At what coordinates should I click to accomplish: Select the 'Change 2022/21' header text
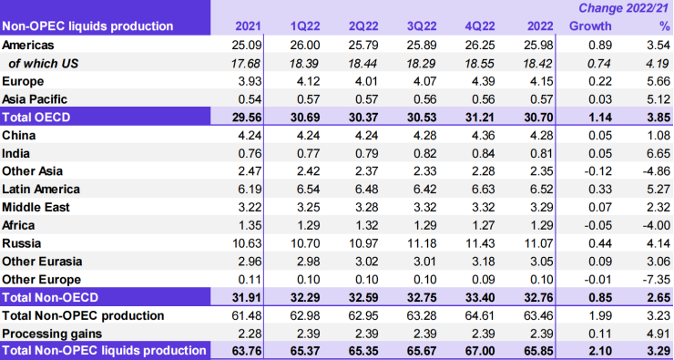(x=622, y=8)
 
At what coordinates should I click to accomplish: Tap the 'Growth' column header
(x=590, y=26)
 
